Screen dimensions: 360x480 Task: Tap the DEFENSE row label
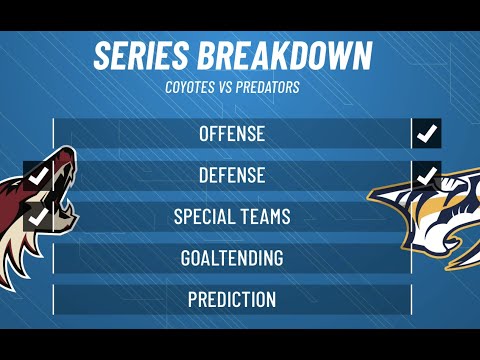(232, 175)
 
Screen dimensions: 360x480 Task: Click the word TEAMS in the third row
(267, 216)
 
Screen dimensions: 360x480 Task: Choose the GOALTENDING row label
(232, 258)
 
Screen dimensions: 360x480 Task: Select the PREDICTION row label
(232, 299)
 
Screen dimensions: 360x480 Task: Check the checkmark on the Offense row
(427, 133)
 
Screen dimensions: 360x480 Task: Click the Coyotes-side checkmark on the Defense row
(39, 176)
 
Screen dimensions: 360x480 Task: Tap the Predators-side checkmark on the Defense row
(427, 176)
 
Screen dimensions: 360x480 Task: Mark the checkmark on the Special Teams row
(39, 215)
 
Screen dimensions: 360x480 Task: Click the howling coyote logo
(35, 215)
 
